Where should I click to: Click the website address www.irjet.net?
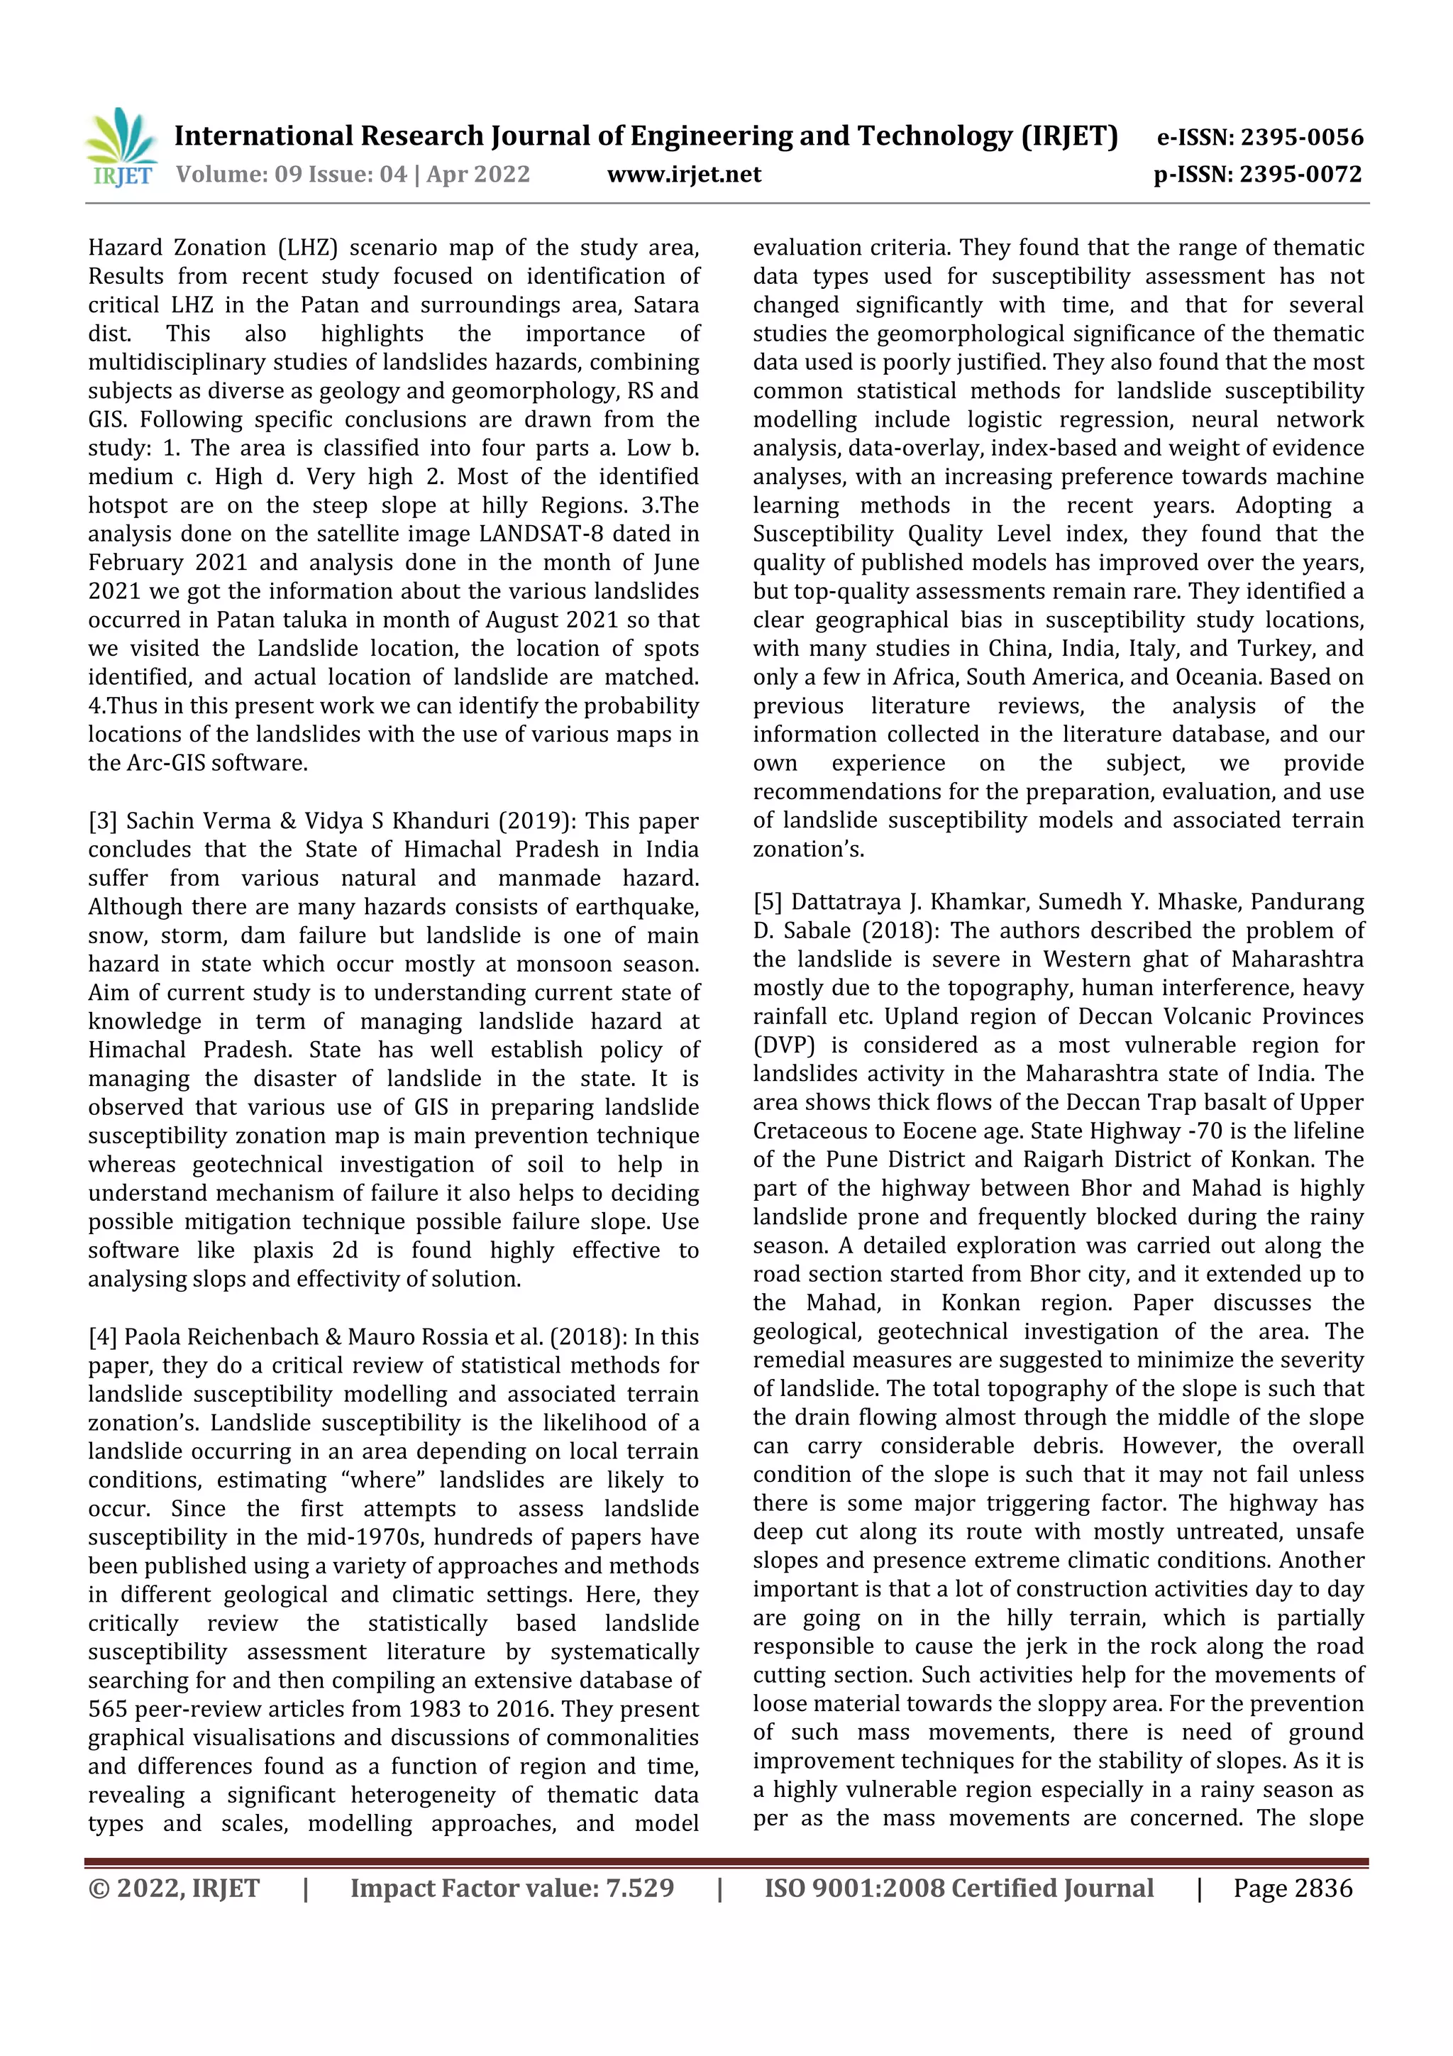coord(684,175)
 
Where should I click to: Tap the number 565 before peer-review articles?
coord(107,1710)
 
